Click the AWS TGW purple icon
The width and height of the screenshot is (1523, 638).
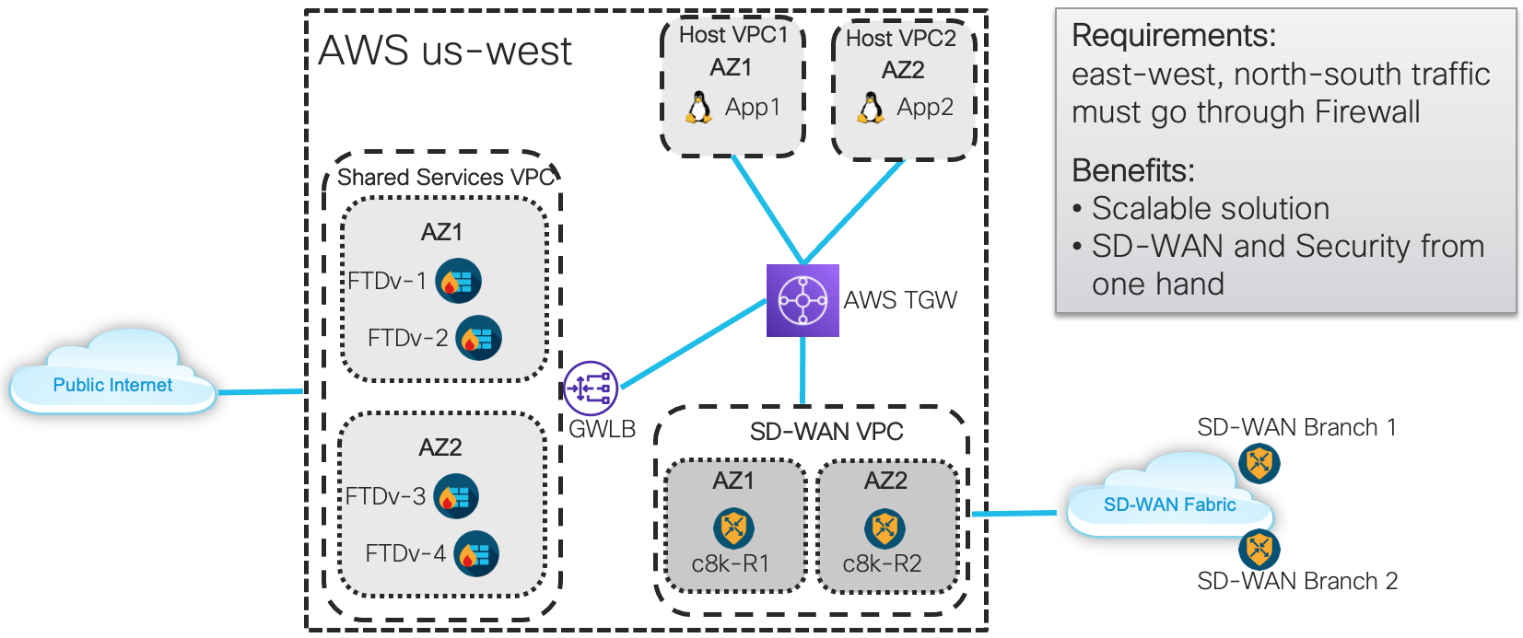click(x=803, y=300)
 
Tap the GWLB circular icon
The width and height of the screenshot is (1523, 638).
click(x=591, y=388)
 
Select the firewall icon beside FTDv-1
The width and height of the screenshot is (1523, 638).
click(x=458, y=281)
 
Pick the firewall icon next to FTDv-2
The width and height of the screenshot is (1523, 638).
click(x=479, y=338)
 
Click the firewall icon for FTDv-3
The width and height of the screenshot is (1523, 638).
click(x=456, y=496)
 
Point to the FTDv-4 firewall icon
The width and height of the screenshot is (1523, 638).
click(x=476, y=553)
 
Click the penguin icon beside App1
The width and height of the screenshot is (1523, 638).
click(x=698, y=108)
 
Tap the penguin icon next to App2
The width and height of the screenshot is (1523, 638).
click(x=871, y=108)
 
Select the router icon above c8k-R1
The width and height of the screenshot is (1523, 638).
click(x=733, y=528)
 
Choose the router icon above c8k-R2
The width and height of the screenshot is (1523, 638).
click(x=885, y=528)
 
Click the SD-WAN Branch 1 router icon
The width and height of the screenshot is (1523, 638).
click(x=1259, y=463)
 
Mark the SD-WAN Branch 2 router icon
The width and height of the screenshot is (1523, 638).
click(x=1259, y=549)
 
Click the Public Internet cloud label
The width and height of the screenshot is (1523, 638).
click(x=112, y=385)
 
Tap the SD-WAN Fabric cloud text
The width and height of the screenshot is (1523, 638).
click(x=1169, y=505)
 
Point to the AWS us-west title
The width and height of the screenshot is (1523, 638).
click(x=445, y=51)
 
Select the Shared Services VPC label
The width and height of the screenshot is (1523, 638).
click(x=446, y=177)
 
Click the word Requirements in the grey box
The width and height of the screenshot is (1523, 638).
click(x=1173, y=35)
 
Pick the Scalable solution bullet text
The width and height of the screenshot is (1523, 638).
click(x=1211, y=209)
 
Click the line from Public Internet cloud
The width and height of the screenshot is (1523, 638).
click(x=261, y=391)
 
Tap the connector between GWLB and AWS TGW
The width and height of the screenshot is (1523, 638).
click(x=694, y=343)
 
